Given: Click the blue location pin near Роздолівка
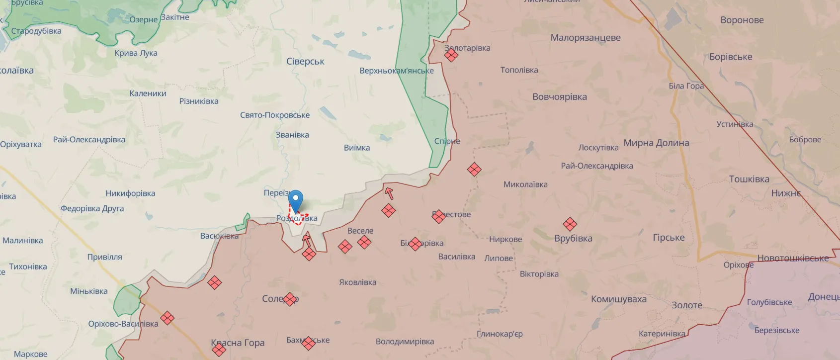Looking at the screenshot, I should click(x=296, y=200).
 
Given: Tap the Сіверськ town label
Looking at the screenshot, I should click(x=305, y=62).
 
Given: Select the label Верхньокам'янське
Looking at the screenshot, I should click(x=396, y=71).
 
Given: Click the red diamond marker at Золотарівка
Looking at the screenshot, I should click(x=451, y=55).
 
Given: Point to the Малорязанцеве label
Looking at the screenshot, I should click(x=585, y=38).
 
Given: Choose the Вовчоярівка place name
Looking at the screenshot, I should click(x=559, y=97).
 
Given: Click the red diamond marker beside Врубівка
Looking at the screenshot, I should click(x=570, y=224).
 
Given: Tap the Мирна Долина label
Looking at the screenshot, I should click(x=656, y=143).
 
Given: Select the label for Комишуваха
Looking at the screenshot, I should click(x=618, y=299).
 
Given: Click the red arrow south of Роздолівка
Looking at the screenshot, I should click(x=307, y=240).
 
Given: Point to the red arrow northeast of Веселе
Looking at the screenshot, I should click(x=389, y=193).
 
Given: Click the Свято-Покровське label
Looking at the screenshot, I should click(x=275, y=115).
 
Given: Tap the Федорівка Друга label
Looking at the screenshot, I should click(x=92, y=208).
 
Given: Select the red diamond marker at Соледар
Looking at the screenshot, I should click(x=290, y=299).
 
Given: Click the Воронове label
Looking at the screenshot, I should click(x=742, y=20).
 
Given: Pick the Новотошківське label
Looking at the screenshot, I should click(x=793, y=258).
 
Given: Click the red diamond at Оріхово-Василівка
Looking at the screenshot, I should click(x=168, y=318).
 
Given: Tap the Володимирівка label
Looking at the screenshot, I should click(x=405, y=342).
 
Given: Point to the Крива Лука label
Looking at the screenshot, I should click(x=136, y=53).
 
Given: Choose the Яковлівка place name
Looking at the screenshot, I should click(x=357, y=282).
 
